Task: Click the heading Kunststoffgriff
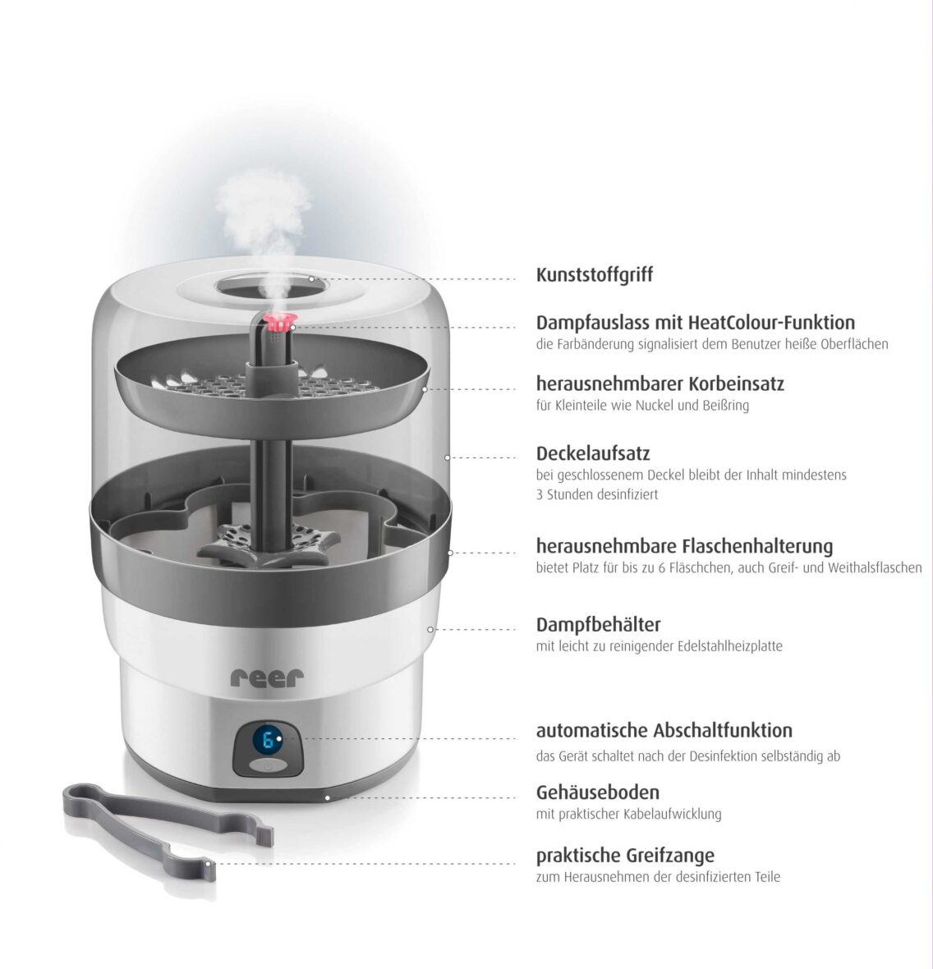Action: [x=594, y=275]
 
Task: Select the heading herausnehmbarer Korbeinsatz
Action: [x=660, y=383]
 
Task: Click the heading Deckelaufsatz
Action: [x=593, y=453]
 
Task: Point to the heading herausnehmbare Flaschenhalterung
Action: [x=684, y=546]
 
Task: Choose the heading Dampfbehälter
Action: [x=598, y=625]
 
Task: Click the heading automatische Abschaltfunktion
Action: [x=664, y=730]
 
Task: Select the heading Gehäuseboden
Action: [x=597, y=792]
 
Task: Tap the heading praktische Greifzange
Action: [x=625, y=856]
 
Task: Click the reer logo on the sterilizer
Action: [x=267, y=677]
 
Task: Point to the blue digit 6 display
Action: [x=267, y=742]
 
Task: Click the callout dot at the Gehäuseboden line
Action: [x=327, y=797]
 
